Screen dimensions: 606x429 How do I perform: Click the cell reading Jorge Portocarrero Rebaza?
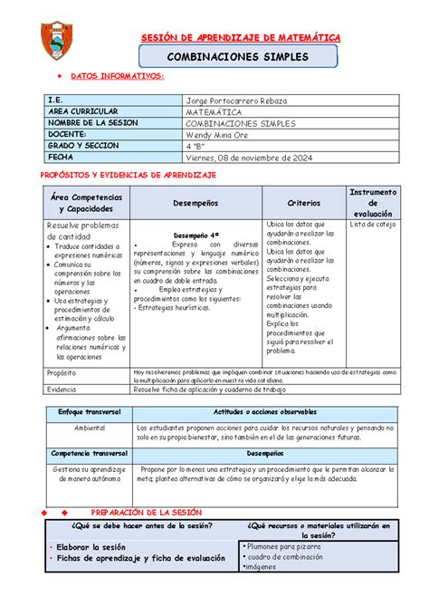click(x=237, y=100)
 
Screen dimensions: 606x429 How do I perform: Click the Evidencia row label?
click(x=63, y=389)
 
